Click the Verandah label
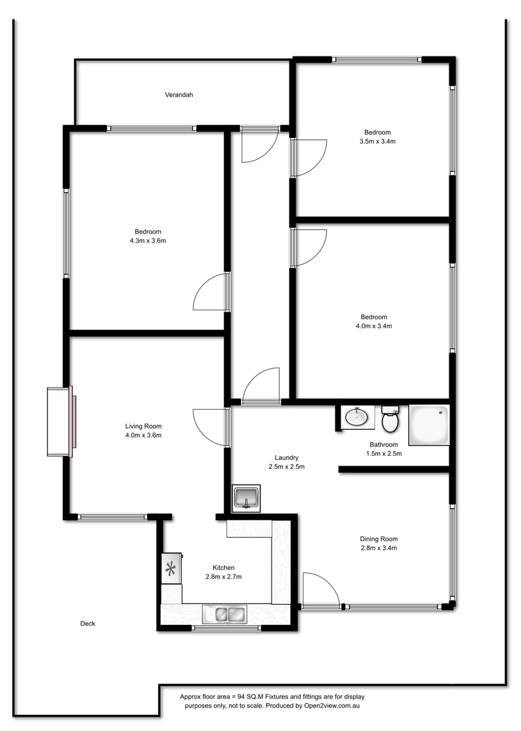[179, 95]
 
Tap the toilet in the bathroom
[390, 419]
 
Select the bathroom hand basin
[358, 417]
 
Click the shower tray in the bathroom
[429, 425]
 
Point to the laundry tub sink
[246, 498]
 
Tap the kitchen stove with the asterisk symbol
[171, 568]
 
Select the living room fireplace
[61, 421]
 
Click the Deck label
[88, 623]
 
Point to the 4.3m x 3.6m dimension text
[148, 241]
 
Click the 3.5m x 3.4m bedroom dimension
[377, 141]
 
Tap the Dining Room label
[378, 539]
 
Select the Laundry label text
[287, 458]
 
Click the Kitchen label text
[223, 567]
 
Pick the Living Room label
[143, 425]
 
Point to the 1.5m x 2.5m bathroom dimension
[384, 453]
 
